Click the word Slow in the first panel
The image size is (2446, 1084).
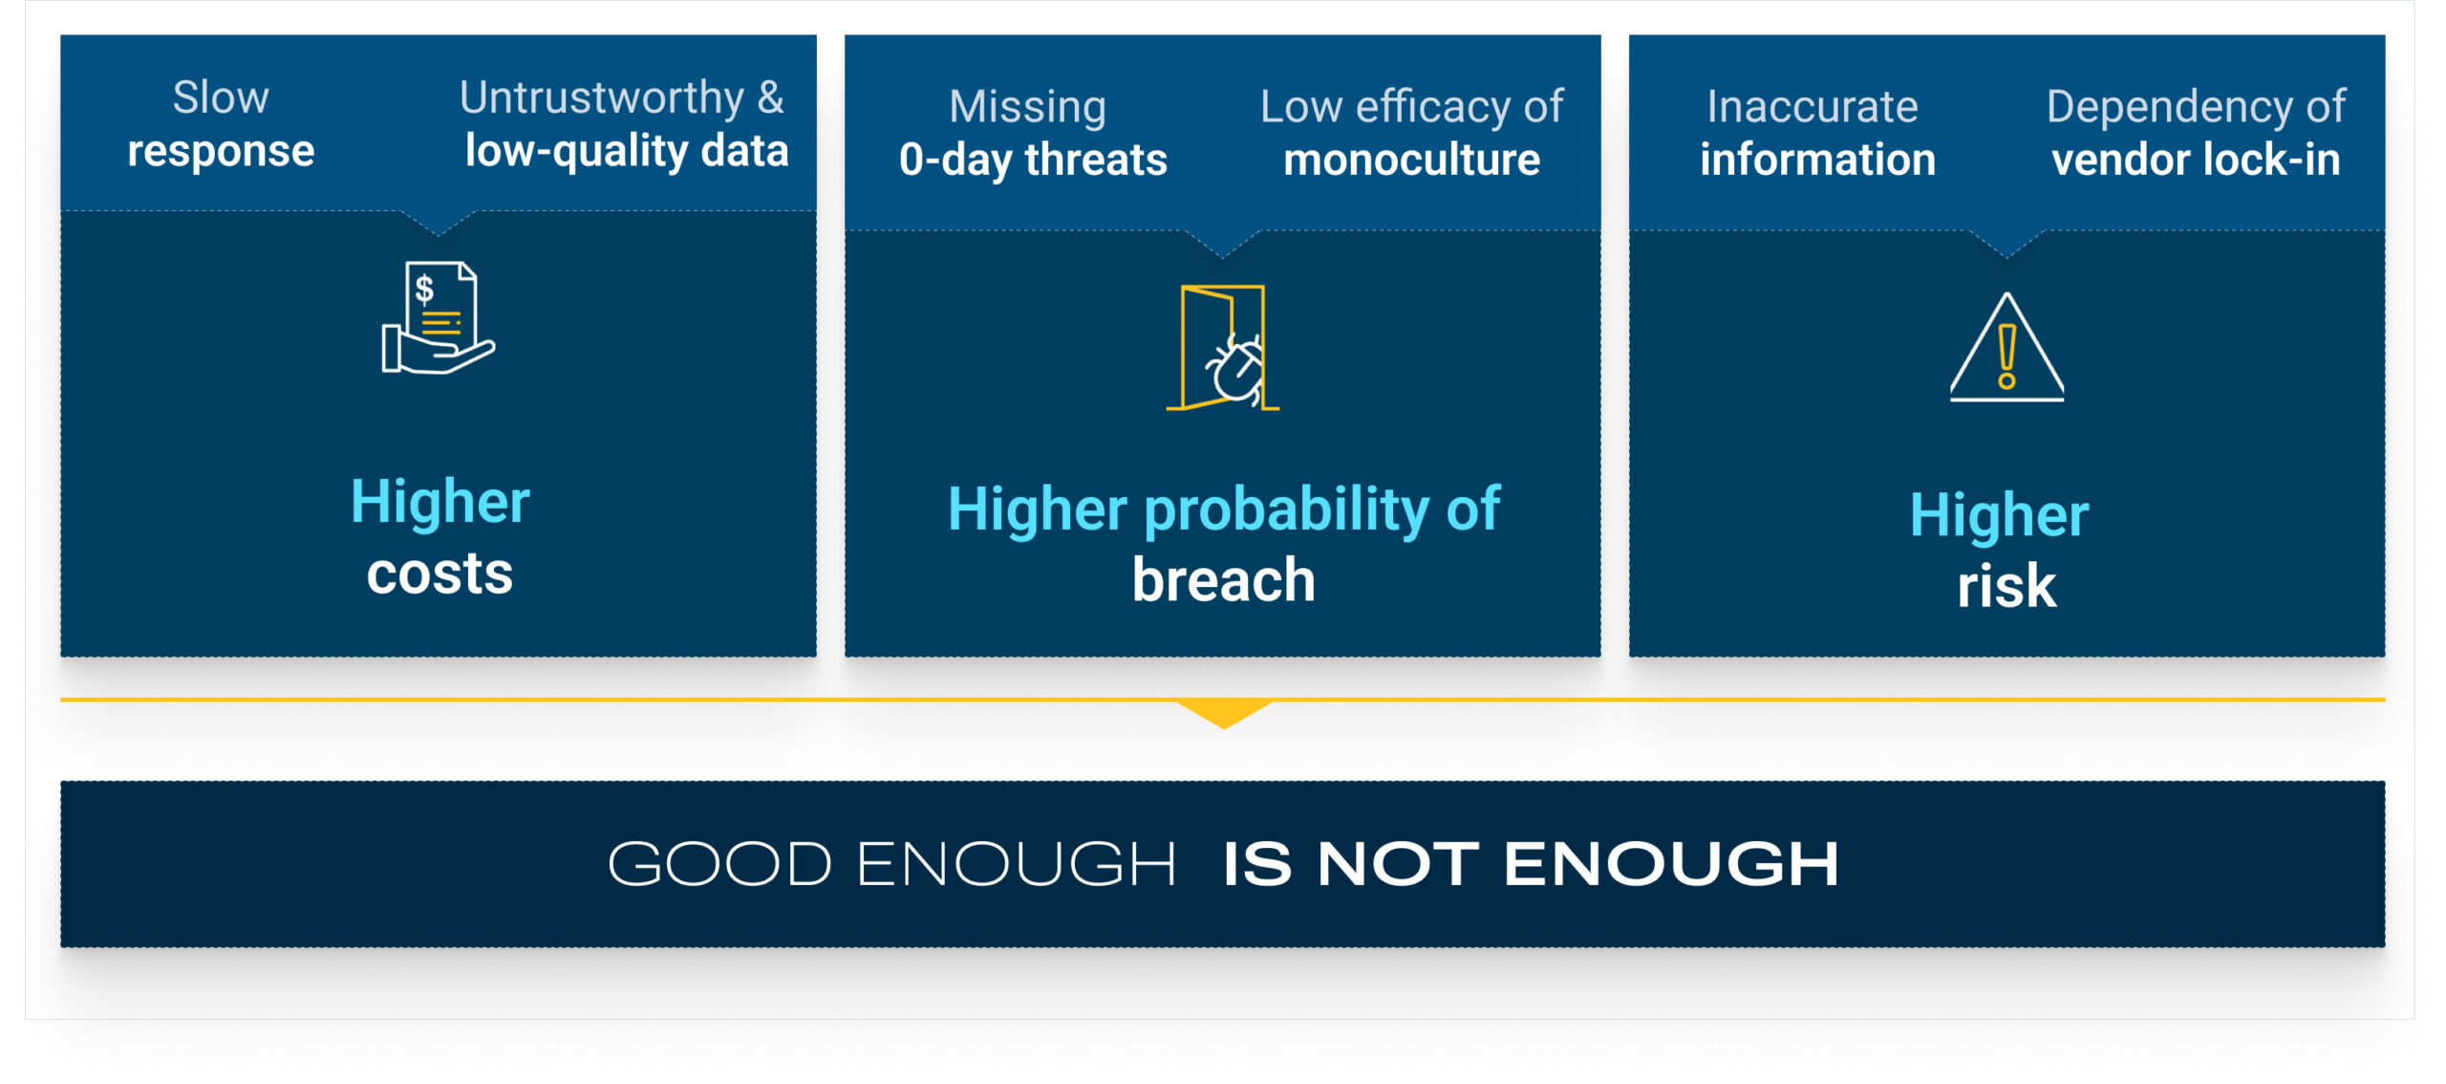(x=221, y=98)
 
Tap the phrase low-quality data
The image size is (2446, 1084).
(x=627, y=152)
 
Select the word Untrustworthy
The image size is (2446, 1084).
(x=602, y=98)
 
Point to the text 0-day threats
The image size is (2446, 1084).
(x=1033, y=160)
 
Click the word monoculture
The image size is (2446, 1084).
(x=1411, y=160)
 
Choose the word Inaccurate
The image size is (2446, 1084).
(x=1813, y=107)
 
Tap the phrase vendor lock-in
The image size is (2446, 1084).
(x=2196, y=160)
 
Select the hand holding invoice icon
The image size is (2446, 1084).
(x=439, y=317)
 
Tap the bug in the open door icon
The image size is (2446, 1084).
(x=1234, y=368)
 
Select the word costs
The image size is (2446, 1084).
(x=440, y=574)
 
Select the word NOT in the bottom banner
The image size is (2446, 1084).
(x=1398, y=864)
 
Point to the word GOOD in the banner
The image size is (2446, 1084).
(x=719, y=864)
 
